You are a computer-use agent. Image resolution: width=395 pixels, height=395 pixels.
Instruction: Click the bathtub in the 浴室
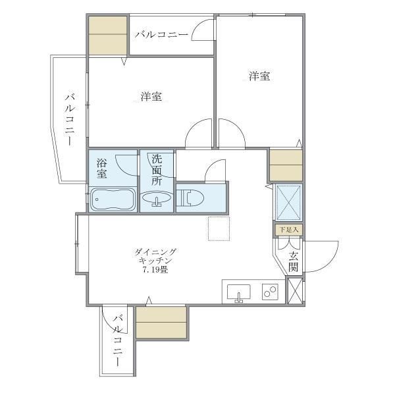113,199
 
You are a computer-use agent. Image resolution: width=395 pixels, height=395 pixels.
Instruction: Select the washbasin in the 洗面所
157,200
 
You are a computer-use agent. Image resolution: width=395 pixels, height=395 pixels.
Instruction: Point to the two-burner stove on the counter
270,291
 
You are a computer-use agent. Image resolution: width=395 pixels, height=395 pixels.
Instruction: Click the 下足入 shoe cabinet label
288,230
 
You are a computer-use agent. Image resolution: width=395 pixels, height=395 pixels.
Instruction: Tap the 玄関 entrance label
293,262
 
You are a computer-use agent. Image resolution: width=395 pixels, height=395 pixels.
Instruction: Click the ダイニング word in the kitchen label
155,251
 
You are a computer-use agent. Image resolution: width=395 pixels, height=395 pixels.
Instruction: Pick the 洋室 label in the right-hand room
259,76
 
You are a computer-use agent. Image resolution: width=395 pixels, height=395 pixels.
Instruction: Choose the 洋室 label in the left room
151,97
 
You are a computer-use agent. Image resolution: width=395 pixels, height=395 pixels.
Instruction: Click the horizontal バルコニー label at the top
161,34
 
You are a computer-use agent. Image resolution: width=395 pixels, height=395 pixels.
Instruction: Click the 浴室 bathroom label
102,168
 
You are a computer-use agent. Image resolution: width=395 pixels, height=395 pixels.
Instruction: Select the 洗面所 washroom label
157,169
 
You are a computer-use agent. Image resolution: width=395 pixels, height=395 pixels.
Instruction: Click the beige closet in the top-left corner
108,34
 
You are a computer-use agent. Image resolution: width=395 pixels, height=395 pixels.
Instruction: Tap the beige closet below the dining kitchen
161,322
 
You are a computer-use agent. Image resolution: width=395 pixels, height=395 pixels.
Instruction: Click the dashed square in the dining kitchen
218,228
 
